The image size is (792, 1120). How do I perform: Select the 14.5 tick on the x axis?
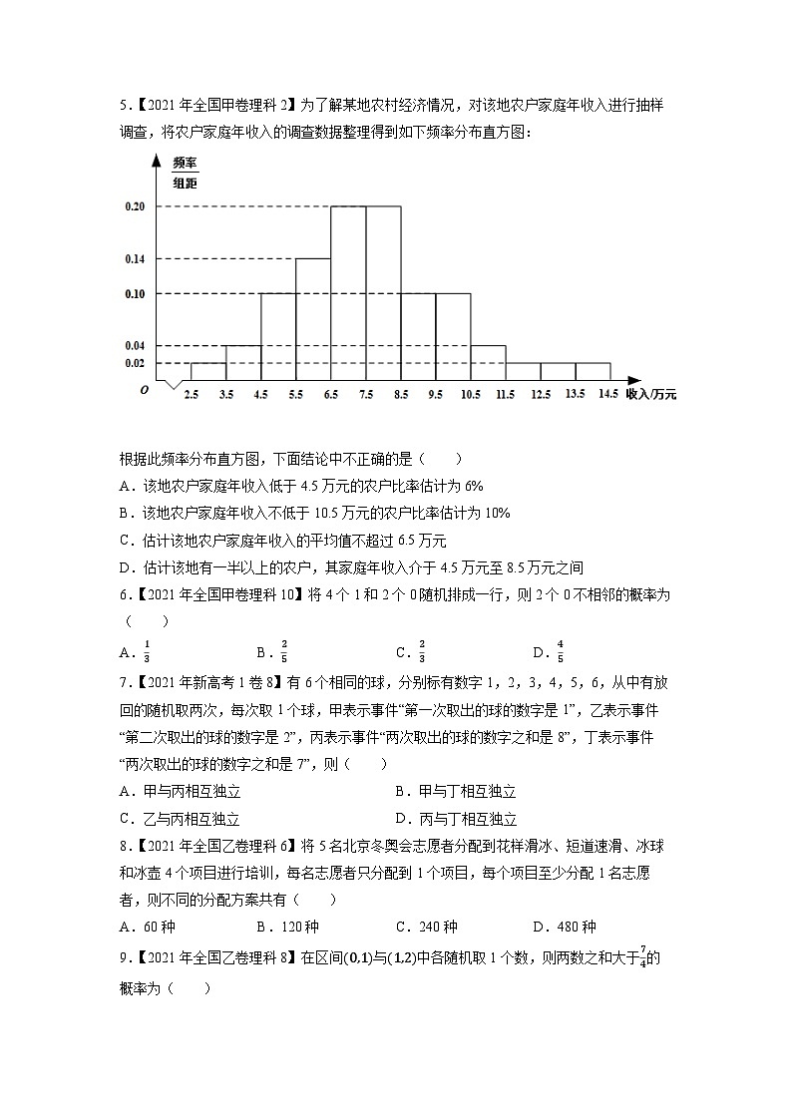[x=609, y=395]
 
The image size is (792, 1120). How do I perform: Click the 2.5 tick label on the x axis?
[x=191, y=395]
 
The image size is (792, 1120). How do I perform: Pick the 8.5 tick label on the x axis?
[x=400, y=395]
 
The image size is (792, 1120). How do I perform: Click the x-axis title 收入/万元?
[x=650, y=395]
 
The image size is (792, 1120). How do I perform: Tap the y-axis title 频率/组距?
[x=185, y=171]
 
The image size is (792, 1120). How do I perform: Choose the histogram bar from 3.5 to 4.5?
[x=243, y=363]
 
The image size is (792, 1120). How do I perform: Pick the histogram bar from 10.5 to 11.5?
[x=488, y=363]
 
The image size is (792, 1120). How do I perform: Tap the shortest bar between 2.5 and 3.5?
[x=208, y=372]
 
